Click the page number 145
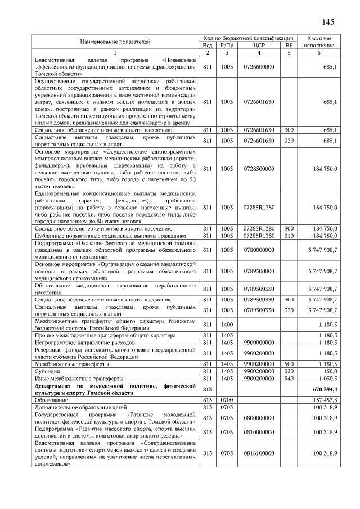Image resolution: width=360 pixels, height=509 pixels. (x=328, y=22)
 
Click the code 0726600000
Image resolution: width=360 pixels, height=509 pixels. (x=259, y=67)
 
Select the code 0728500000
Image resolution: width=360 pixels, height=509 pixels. (x=259, y=169)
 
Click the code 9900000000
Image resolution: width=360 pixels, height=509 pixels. (x=259, y=341)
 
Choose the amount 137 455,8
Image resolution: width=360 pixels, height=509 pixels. (x=325, y=399)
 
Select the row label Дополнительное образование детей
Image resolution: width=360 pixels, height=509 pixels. (x=81, y=407)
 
